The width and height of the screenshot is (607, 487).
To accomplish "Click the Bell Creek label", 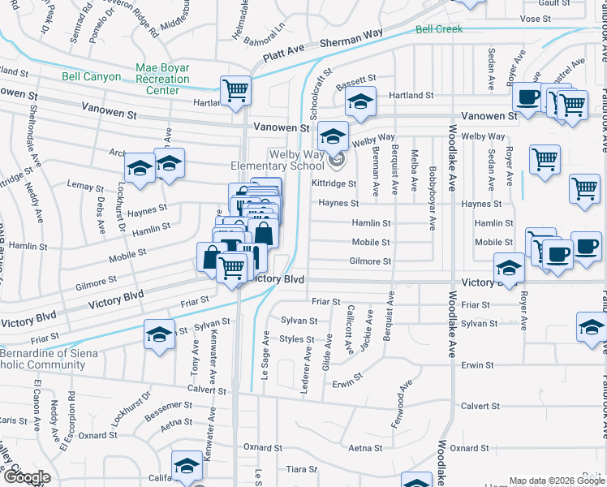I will (x=438, y=29).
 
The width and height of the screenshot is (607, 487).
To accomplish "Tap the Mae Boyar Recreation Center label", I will (x=163, y=80).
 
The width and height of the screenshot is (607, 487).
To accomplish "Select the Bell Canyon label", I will (x=91, y=77).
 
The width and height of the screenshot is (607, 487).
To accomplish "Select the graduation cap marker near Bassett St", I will (x=360, y=101).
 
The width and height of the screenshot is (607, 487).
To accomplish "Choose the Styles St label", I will (x=297, y=339).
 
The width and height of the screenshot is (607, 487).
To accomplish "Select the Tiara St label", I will (x=301, y=469).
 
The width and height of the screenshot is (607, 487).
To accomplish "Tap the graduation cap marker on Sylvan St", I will (x=160, y=334).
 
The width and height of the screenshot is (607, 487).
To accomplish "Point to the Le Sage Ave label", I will (x=265, y=347).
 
